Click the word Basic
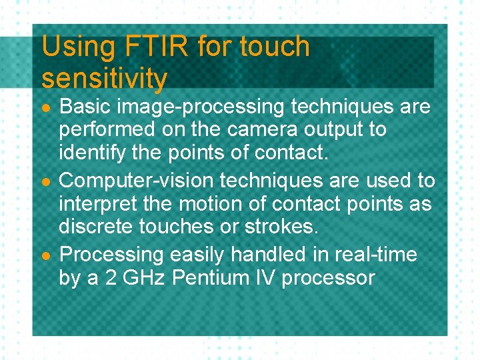pyautogui.click(x=84, y=107)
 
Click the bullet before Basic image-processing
pyautogui.click(x=45, y=108)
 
